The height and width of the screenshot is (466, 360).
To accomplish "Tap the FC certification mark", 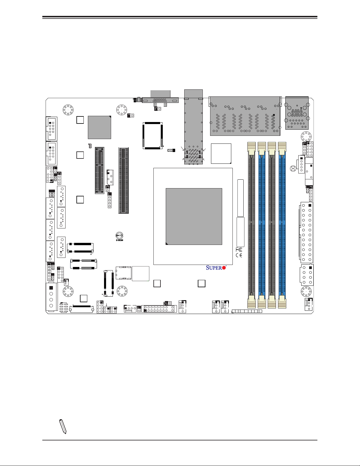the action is [239, 250].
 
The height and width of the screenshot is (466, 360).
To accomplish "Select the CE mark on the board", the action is [239, 255].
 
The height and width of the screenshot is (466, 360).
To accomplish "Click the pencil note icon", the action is [63, 426].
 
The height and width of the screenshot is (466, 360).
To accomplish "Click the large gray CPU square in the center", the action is [194, 216].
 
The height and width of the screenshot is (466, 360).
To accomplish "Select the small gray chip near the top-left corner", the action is [99, 127].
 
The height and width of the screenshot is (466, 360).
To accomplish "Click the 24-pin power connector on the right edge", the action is [306, 232].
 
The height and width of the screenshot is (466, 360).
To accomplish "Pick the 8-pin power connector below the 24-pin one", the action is [307, 275].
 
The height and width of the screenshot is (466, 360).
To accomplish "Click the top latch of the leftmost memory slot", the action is [251, 149].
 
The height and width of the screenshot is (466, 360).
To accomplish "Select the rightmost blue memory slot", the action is [282, 225].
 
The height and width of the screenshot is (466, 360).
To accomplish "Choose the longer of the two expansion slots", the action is [124, 180].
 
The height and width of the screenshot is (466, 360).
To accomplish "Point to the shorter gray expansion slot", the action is [99, 170].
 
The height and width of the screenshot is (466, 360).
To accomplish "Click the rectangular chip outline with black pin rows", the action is [153, 136].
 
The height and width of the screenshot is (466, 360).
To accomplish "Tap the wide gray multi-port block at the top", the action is [245, 116].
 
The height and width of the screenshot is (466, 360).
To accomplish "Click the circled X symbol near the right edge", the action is [293, 168].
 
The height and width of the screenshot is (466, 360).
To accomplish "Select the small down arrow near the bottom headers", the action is [106, 305].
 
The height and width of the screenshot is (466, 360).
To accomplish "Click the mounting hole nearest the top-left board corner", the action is [68, 110].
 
